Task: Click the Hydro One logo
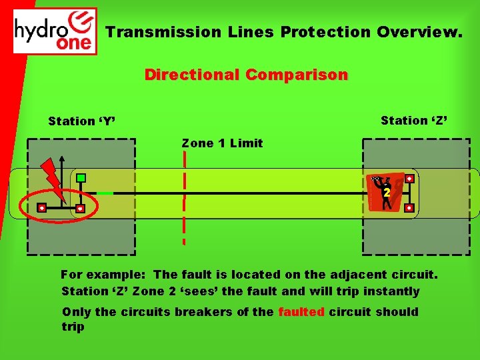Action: click(55, 31)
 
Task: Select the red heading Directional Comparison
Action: click(246, 75)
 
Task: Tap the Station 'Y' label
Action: click(82, 121)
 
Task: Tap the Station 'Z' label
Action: click(414, 121)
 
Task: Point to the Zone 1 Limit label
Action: click(222, 143)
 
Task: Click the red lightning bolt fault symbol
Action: click(53, 177)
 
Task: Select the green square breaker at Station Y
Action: click(81, 178)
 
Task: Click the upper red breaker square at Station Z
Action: click(409, 179)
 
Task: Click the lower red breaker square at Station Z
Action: click(409, 208)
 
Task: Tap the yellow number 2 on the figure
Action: click(386, 193)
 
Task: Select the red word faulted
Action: click(301, 312)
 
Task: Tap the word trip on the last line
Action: click(73, 327)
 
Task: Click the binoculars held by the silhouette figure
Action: click(377, 179)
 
